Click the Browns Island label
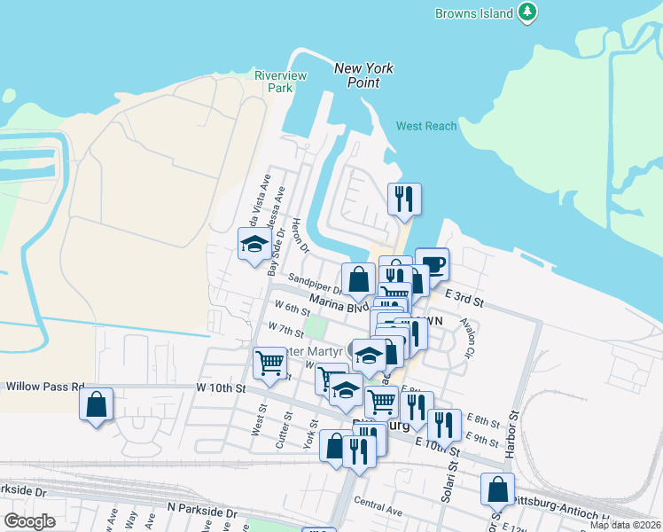[x=474, y=13]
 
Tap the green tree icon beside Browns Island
[x=528, y=12]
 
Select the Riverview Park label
[x=280, y=82]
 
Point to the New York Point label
[x=363, y=75]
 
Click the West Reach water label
[x=426, y=126]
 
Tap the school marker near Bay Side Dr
[x=254, y=244]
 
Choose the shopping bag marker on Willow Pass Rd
[x=97, y=404]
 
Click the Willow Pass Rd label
[x=44, y=387]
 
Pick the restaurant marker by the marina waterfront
[x=404, y=199]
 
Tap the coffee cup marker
[x=432, y=263]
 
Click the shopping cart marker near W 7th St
[x=269, y=361]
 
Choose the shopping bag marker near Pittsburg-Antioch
[x=498, y=489]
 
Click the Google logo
[x=30, y=521]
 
